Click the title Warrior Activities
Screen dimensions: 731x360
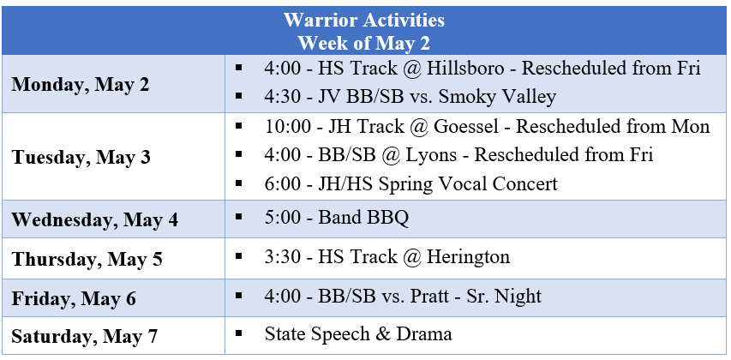tap(363, 20)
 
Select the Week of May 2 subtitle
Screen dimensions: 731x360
tap(363, 43)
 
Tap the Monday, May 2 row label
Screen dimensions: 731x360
tap(81, 85)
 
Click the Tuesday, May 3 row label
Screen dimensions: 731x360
tap(81, 158)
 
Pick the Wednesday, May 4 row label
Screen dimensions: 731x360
tap(94, 219)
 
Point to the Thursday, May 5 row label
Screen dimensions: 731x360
tap(87, 259)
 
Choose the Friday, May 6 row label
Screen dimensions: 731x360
tap(74, 298)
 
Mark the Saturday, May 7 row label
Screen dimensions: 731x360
tap(84, 336)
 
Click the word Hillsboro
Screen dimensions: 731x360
tap(465, 68)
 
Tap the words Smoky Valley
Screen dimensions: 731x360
tap(497, 97)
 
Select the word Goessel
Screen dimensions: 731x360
tap(466, 126)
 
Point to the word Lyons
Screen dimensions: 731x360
tap(432, 155)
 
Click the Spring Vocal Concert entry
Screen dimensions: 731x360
tap(468, 183)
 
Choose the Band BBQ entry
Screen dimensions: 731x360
tap(363, 218)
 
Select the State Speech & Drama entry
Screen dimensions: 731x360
tap(358, 334)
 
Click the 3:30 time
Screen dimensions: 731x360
tap(283, 257)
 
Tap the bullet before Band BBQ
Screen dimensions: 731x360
tap(239, 216)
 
